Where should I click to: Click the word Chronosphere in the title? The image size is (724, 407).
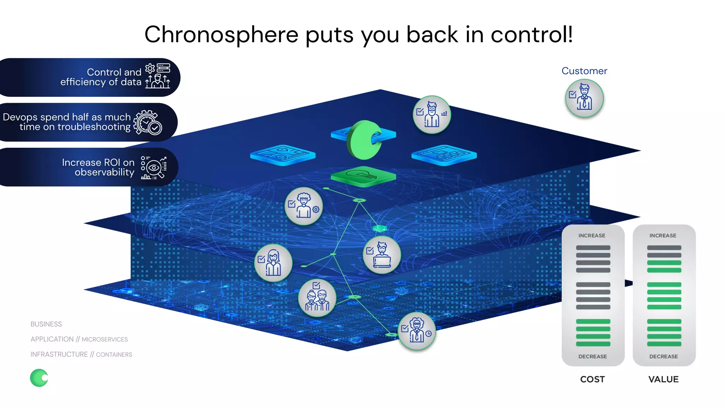pos(221,35)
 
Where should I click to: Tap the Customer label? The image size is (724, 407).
pos(584,71)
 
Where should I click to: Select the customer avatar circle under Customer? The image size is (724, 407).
pos(584,98)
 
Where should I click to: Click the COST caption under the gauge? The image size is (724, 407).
pos(592,379)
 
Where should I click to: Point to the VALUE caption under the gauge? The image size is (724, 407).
pos(663,379)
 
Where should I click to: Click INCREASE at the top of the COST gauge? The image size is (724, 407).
pos(591,235)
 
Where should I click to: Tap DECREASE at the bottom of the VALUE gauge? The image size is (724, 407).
pos(663,356)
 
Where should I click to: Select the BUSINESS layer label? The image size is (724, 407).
pos(46,324)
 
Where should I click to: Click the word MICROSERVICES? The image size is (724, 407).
pos(105,339)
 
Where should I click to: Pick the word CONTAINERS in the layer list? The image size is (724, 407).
pos(114,354)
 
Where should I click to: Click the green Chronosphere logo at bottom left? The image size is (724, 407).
pos(39,378)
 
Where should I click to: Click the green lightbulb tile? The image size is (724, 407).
pos(363,175)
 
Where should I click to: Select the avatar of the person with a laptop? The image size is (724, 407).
pos(381,255)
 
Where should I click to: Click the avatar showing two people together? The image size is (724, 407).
pos(317,297)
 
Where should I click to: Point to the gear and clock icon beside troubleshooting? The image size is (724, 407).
pos(148,122)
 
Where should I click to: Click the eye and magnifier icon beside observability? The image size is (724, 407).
pos(154,167)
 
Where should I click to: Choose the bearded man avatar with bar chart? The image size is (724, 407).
pos(432,114)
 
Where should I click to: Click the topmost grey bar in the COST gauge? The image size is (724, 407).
pos(593,248)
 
